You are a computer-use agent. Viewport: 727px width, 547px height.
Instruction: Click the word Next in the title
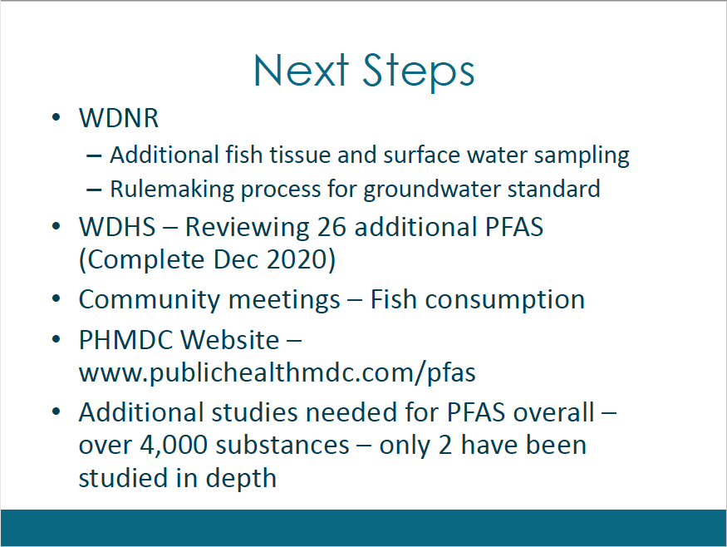click(301, 70)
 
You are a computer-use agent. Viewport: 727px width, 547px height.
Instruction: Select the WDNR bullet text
click(119, 118)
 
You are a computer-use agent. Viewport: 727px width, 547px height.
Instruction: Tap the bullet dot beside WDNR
click(56, 117)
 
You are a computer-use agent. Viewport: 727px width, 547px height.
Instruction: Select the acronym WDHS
click(117, 227)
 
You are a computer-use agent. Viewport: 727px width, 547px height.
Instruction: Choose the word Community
click(149, 300)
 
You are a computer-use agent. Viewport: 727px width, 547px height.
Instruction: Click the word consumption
click(505, 300)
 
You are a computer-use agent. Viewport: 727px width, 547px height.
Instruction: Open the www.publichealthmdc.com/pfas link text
click(278, 372)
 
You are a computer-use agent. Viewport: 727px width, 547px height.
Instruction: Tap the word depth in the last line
click(241, 478)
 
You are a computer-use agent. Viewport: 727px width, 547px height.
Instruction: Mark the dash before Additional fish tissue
click(94, 156)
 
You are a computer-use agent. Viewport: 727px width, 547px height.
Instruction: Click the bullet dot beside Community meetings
click(56, 299)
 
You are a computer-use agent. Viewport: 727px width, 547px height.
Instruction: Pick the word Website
click(230, 340)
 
